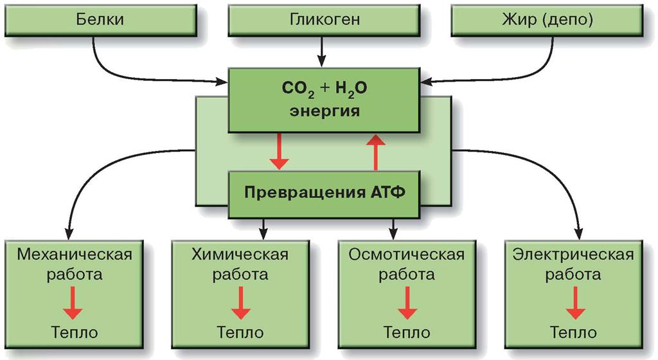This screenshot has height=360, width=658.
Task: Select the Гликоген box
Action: coord(325,19)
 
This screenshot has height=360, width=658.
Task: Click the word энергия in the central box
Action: coord(325,111)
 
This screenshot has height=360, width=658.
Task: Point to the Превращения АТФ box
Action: coord(325,193)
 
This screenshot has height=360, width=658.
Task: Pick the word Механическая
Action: coord(75,254)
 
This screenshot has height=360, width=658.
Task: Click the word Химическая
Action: coord(240,254)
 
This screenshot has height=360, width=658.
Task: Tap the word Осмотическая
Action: coord(406,254)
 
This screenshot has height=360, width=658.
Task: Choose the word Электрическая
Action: coord(573,254)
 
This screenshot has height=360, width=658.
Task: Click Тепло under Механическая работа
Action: coord(75,332)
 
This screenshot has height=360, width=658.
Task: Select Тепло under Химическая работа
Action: coord(240,332)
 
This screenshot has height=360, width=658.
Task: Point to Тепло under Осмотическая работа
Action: coord(406,332)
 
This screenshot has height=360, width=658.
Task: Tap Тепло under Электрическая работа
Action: coord(573,332)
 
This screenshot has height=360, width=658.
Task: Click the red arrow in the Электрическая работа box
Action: coord(574,302)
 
